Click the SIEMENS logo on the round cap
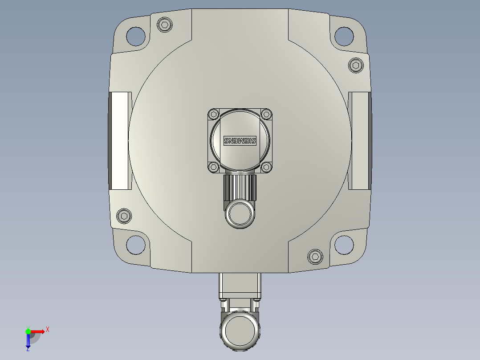coord(240,141)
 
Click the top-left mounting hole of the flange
coord(136,36)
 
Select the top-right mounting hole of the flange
coord(344,36)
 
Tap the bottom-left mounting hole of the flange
coord(136,245)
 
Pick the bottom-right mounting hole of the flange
coord(344,245)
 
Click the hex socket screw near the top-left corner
coord(165,25)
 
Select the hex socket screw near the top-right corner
coord(355,65)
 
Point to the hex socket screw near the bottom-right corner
coord(315,256)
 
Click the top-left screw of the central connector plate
coord(214,114)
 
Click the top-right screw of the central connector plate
coord(266,114)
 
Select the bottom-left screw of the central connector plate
coord(214,167)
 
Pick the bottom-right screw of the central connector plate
coord(266,167)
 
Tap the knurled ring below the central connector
coord(240,187)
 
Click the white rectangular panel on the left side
coord(121,140)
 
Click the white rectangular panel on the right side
coord(359,140)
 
